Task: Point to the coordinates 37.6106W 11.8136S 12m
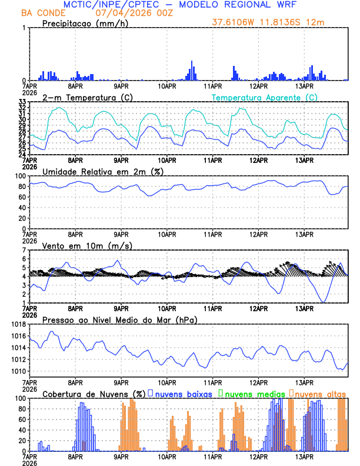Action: point(268,22)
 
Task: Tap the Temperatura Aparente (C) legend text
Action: point(265,97)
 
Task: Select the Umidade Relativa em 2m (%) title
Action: point(103,171)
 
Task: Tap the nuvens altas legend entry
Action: point(320,393)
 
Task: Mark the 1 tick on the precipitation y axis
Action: point(24,28)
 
